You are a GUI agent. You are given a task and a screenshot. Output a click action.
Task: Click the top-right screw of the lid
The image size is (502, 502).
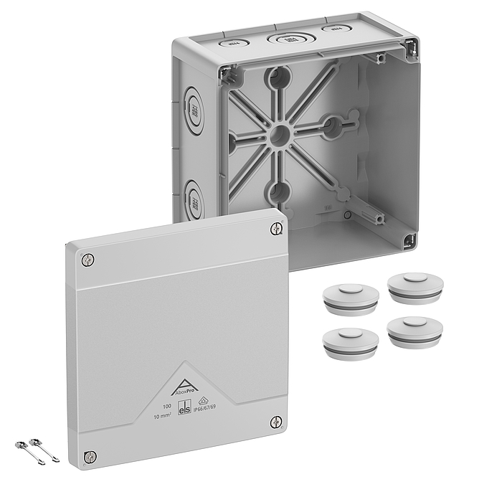click(278, 229)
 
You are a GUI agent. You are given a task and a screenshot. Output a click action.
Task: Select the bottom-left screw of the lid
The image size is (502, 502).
click(90, 456)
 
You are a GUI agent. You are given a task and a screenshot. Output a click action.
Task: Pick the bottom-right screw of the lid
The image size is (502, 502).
click(275, 422)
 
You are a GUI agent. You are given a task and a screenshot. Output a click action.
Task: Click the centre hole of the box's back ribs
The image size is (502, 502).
click(280, 133)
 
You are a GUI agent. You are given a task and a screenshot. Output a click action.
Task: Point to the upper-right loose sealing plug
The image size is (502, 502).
click(415, 285)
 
